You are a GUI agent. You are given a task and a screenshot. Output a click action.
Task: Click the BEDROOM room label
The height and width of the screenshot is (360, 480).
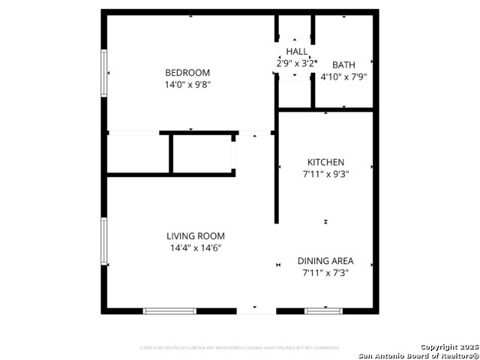point(187,73)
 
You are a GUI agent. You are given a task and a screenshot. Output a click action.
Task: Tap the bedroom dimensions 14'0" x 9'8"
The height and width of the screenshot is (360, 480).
point(187,85)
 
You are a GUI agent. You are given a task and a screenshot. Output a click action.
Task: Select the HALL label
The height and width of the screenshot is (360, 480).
point(296,52)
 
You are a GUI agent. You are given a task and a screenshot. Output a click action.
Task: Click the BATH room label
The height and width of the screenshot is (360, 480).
point(343,64)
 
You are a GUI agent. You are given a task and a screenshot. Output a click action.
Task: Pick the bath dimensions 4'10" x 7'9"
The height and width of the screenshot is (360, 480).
point(343,76)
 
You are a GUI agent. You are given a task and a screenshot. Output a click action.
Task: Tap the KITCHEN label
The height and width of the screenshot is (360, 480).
point(325,162)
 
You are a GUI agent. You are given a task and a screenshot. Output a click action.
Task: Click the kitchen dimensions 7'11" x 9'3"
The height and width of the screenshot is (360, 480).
point(325,174)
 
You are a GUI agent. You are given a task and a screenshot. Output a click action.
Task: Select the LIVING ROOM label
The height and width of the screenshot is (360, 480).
point(196,236)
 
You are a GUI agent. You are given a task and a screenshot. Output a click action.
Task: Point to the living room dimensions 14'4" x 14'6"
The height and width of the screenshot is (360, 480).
point(196,248)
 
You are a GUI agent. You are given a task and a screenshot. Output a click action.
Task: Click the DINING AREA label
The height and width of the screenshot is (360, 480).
point(325,261)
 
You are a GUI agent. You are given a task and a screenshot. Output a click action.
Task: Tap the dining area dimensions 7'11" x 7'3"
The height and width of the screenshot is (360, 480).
point(325,273)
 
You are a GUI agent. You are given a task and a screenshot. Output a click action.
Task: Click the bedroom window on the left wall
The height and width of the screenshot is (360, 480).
point(104,73)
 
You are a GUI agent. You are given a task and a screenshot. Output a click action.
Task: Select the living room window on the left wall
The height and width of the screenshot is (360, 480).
point(104,241)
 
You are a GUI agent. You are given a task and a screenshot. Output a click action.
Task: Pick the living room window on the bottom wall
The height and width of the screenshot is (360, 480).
point(169,310)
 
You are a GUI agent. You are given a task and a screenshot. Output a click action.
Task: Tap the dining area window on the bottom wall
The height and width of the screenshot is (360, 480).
point(323,310)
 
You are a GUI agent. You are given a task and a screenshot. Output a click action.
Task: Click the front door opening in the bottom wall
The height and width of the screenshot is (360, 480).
point(256,310)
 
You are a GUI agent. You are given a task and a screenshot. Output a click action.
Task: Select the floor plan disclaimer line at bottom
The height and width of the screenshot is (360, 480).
point(239,348)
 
